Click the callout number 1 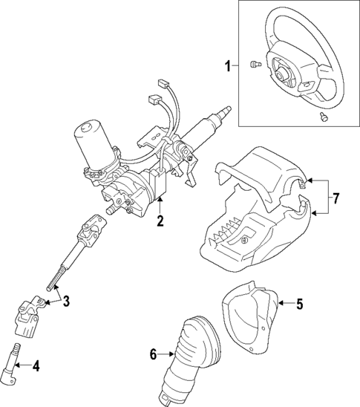(228, 66)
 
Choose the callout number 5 (299, 303)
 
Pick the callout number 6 (154, 356)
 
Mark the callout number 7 (335, 198)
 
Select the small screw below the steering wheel (324, 117)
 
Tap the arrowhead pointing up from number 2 (160, 202)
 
